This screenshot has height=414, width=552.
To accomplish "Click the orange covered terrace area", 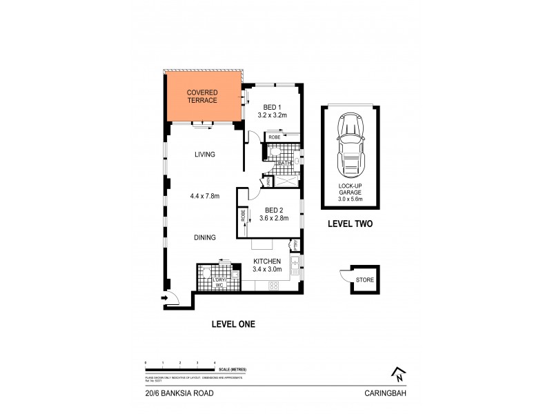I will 202,97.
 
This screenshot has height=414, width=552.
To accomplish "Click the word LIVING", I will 205,155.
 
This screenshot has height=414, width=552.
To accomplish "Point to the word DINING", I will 205,237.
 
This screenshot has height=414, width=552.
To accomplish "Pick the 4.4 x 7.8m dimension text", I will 205,196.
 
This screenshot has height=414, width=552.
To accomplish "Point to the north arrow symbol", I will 397,373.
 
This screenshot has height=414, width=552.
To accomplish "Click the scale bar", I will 181,367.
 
